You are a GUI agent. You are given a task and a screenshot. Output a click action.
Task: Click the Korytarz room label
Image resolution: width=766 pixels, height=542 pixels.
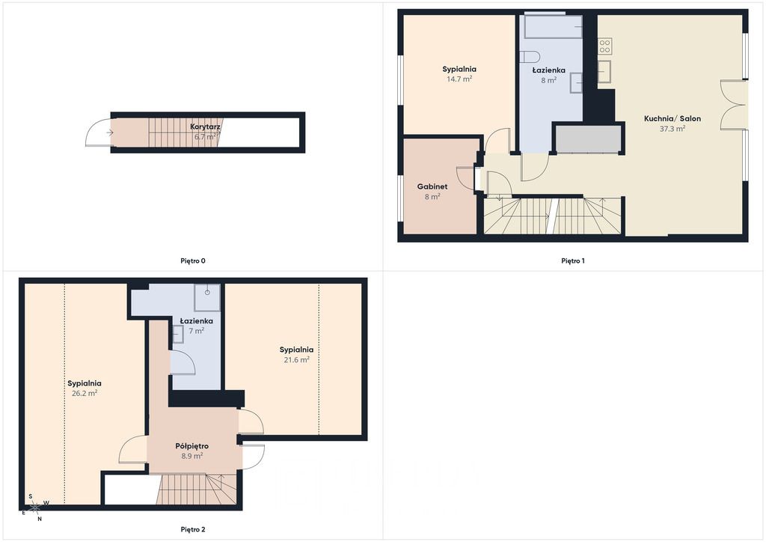[205, 127]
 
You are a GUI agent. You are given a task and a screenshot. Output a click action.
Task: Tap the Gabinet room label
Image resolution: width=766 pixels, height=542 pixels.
[432, 186]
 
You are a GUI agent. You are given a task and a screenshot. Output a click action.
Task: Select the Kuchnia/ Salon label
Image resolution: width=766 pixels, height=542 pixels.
[672, 118]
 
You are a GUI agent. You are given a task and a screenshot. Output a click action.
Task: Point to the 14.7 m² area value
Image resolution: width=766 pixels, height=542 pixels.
[459, 79]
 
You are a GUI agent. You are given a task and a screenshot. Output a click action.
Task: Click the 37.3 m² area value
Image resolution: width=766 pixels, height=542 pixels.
[672, 129]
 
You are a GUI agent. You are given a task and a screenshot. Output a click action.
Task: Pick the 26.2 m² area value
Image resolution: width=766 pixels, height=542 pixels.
[85, 393]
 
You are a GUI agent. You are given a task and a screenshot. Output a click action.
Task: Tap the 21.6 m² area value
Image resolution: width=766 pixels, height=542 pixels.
[296, 359]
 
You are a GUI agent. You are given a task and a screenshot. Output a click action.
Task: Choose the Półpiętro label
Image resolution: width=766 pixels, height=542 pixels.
[192, 445]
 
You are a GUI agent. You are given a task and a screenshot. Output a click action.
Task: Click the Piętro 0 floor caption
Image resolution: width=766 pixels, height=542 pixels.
[193, 261]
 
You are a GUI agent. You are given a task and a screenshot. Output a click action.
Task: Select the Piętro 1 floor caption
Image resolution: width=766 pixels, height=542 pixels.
[573, 261]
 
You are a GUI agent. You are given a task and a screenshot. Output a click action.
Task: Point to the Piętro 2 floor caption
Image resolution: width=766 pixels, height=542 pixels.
[193, 529]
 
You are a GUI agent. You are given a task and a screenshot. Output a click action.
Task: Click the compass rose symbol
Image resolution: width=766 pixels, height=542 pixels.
[35, 508]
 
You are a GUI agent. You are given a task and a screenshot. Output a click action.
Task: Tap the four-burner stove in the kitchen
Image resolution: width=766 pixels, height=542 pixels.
[604, 46]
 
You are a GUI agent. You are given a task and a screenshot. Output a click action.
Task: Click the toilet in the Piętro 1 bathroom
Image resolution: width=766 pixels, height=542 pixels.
[529, 56]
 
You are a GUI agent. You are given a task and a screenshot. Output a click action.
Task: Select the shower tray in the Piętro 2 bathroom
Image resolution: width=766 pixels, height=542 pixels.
[207, 298]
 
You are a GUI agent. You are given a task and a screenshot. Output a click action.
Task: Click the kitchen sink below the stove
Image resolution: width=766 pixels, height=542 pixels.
[604, 72]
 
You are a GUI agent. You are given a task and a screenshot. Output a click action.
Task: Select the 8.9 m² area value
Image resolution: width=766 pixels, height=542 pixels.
[192, 456]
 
